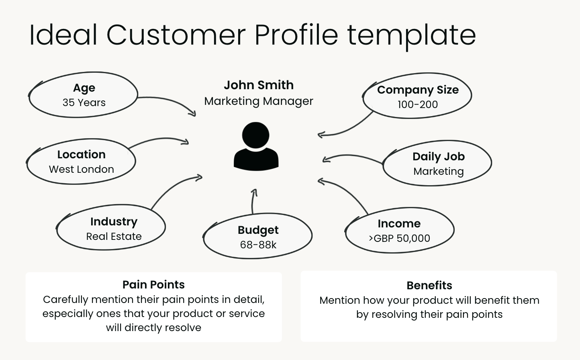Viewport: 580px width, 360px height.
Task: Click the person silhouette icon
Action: (x=256, y=147)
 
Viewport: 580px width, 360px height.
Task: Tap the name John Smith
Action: (x=259, y=85)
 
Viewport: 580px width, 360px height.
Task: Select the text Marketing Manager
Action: (x=259, y=101)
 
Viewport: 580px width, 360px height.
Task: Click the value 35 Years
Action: (x=84, y=103)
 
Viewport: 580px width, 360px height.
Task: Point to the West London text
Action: (x=82, y=170)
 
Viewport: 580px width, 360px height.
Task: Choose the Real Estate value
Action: (x=114, y=237)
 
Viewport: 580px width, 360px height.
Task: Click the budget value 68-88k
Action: (x=258, y=245)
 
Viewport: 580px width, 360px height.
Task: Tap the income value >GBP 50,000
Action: (x=399, y=239)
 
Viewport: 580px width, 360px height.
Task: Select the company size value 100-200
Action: (x=418, y=105)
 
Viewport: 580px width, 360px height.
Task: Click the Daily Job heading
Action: (x=439, y=157)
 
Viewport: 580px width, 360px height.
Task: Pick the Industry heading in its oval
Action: (x=114, y=222)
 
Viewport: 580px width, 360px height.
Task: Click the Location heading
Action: (x=82, y=155)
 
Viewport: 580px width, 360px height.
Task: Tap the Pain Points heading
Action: (x=153, y=285)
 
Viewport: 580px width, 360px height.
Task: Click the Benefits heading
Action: (x=429, y=286)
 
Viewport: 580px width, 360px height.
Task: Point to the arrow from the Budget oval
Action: (x=253, y=201)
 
